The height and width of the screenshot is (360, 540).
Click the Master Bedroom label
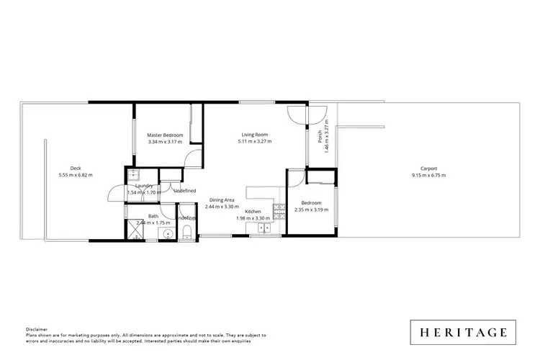click(165, 135)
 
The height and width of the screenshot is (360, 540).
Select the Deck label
click(75, 168)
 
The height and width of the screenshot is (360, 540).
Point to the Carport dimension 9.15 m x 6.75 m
click(428, 175)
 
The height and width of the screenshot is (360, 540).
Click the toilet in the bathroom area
click(187, 230)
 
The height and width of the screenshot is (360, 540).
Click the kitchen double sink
click(264, 229)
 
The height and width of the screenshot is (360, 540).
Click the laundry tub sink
click(133, 175)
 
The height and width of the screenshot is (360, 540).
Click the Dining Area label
click(221, 199)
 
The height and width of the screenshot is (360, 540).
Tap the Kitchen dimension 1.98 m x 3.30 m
click(253, 217)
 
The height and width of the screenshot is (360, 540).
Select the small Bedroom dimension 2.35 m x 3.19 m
click(311, 210)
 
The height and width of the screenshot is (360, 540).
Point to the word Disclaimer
click(37, 328)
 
